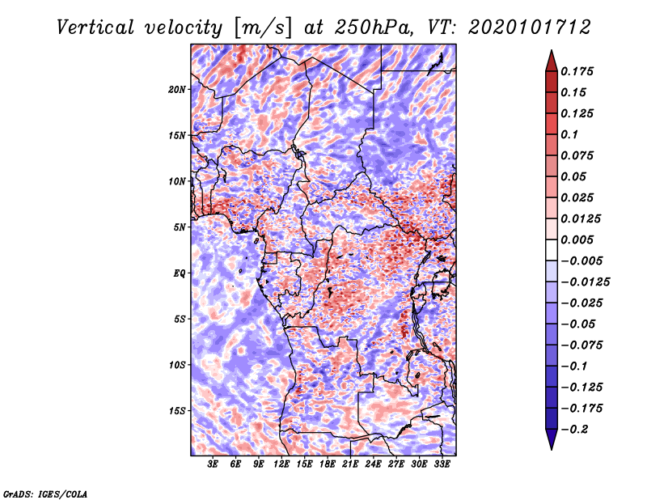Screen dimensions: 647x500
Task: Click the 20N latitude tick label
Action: click(177, 89)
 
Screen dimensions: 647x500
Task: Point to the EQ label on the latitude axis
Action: click(179, 273)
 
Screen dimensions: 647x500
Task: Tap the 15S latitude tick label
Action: click(177, 411)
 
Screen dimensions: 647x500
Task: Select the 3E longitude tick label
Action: click(213, 464)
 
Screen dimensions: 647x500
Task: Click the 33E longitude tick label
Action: click(442, 464)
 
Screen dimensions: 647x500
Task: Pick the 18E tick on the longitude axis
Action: click(328, 464)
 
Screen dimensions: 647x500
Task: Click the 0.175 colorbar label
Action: click(577, 71)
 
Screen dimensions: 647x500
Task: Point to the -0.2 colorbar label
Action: click(574, 430)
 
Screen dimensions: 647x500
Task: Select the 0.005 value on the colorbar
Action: click(577, 239)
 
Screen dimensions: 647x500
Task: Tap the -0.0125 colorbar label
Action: click(585, 282)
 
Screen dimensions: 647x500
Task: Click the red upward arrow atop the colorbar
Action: click(552, 61)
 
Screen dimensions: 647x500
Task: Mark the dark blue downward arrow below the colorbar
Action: click(552, 439)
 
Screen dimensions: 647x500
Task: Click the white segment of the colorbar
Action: click(552, 250)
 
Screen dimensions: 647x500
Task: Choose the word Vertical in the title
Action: click(95, 28)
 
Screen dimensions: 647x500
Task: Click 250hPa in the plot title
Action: click(374, 28)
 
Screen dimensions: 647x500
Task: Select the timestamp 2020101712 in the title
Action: click(530, 28)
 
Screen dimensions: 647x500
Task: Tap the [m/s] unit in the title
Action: click(263, 28)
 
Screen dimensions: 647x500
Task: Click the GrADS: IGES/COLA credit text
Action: click(45, 494)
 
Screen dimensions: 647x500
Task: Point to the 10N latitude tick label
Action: click(177, 181)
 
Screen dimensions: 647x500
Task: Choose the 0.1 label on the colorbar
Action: click(569, 134)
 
